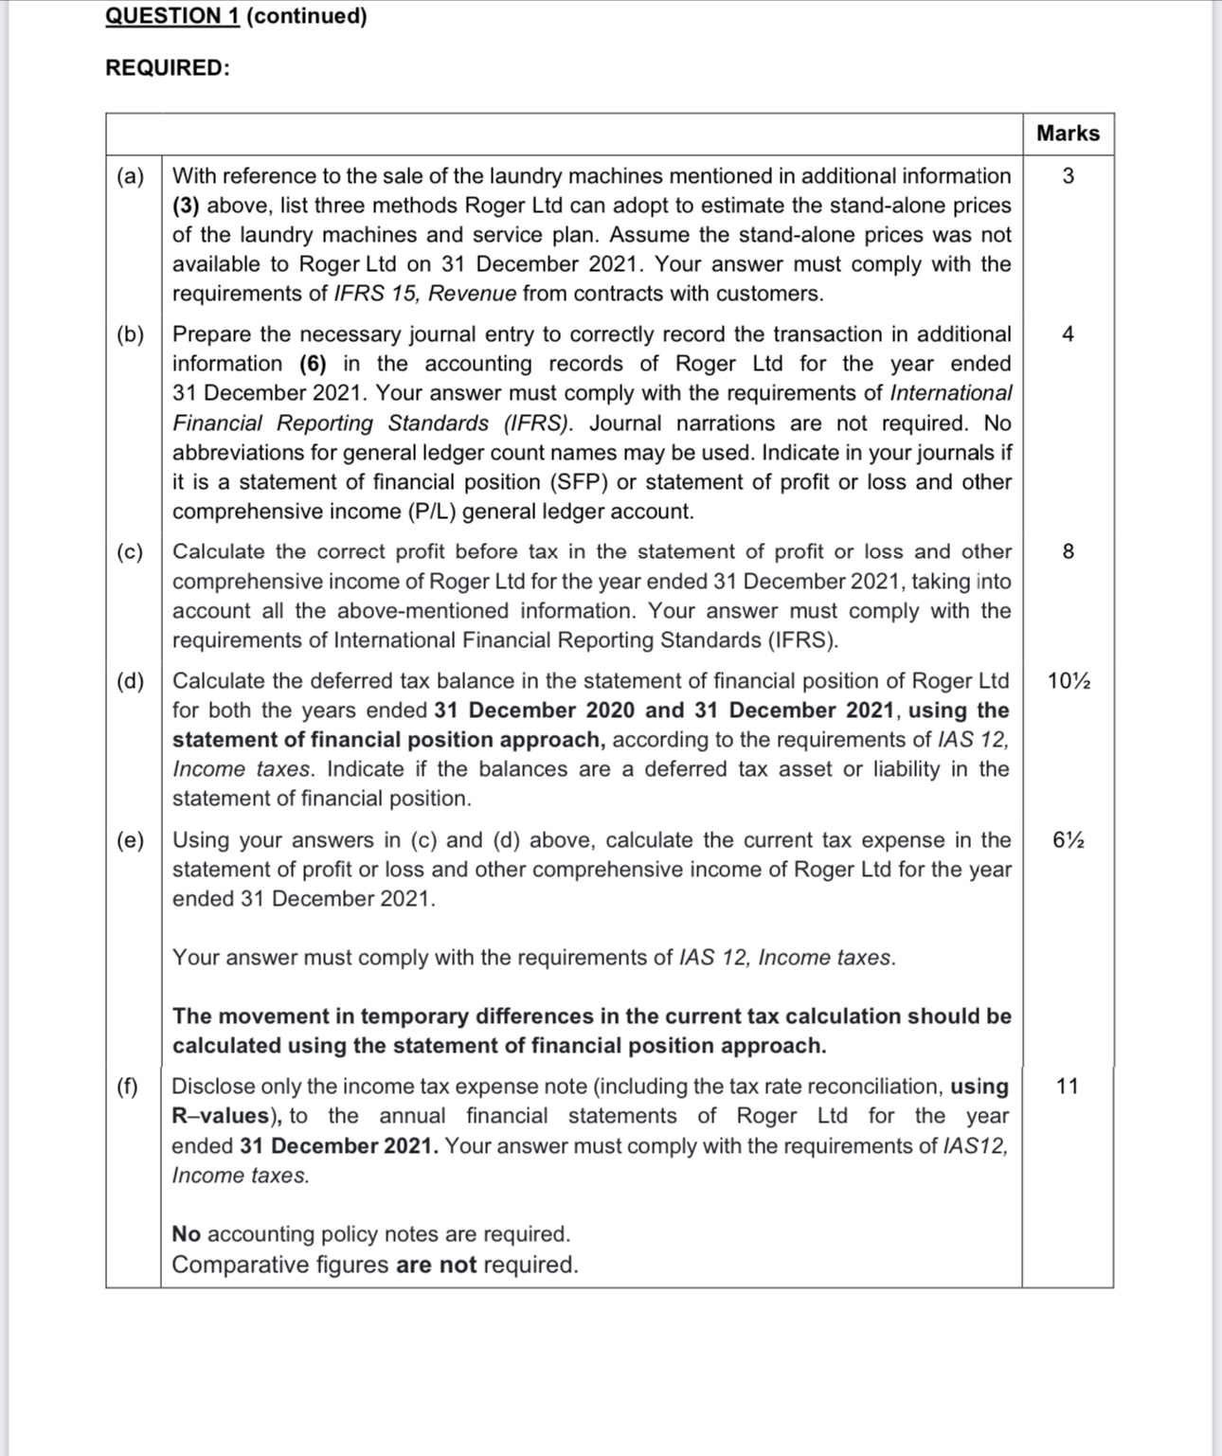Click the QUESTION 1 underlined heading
172,16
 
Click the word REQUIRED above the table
167,68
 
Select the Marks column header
1068,134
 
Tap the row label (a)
131,176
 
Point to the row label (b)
131,334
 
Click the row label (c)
131,552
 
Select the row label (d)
131,681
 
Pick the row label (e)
131,840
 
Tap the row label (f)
128,1087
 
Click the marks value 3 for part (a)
1068,176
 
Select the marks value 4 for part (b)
1068,334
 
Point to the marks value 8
1068,552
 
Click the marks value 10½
1069,681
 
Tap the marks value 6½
1069,840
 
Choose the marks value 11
1068,1087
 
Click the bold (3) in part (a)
186,206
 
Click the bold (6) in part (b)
314,364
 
